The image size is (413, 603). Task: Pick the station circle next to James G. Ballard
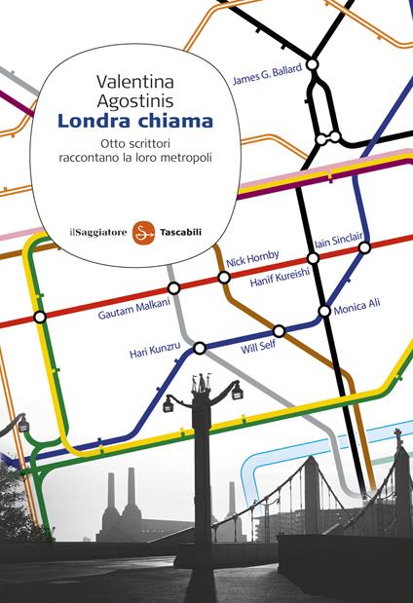(x=313, y=64)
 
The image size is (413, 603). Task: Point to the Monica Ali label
(x=357, y=305)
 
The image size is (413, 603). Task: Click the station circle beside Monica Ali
(x=324, y=312)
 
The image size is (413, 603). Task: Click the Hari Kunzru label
(x=158, y=353)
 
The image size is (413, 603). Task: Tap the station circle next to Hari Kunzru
(x=200, y=348)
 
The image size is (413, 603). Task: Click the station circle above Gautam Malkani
(x=173, y=287)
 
